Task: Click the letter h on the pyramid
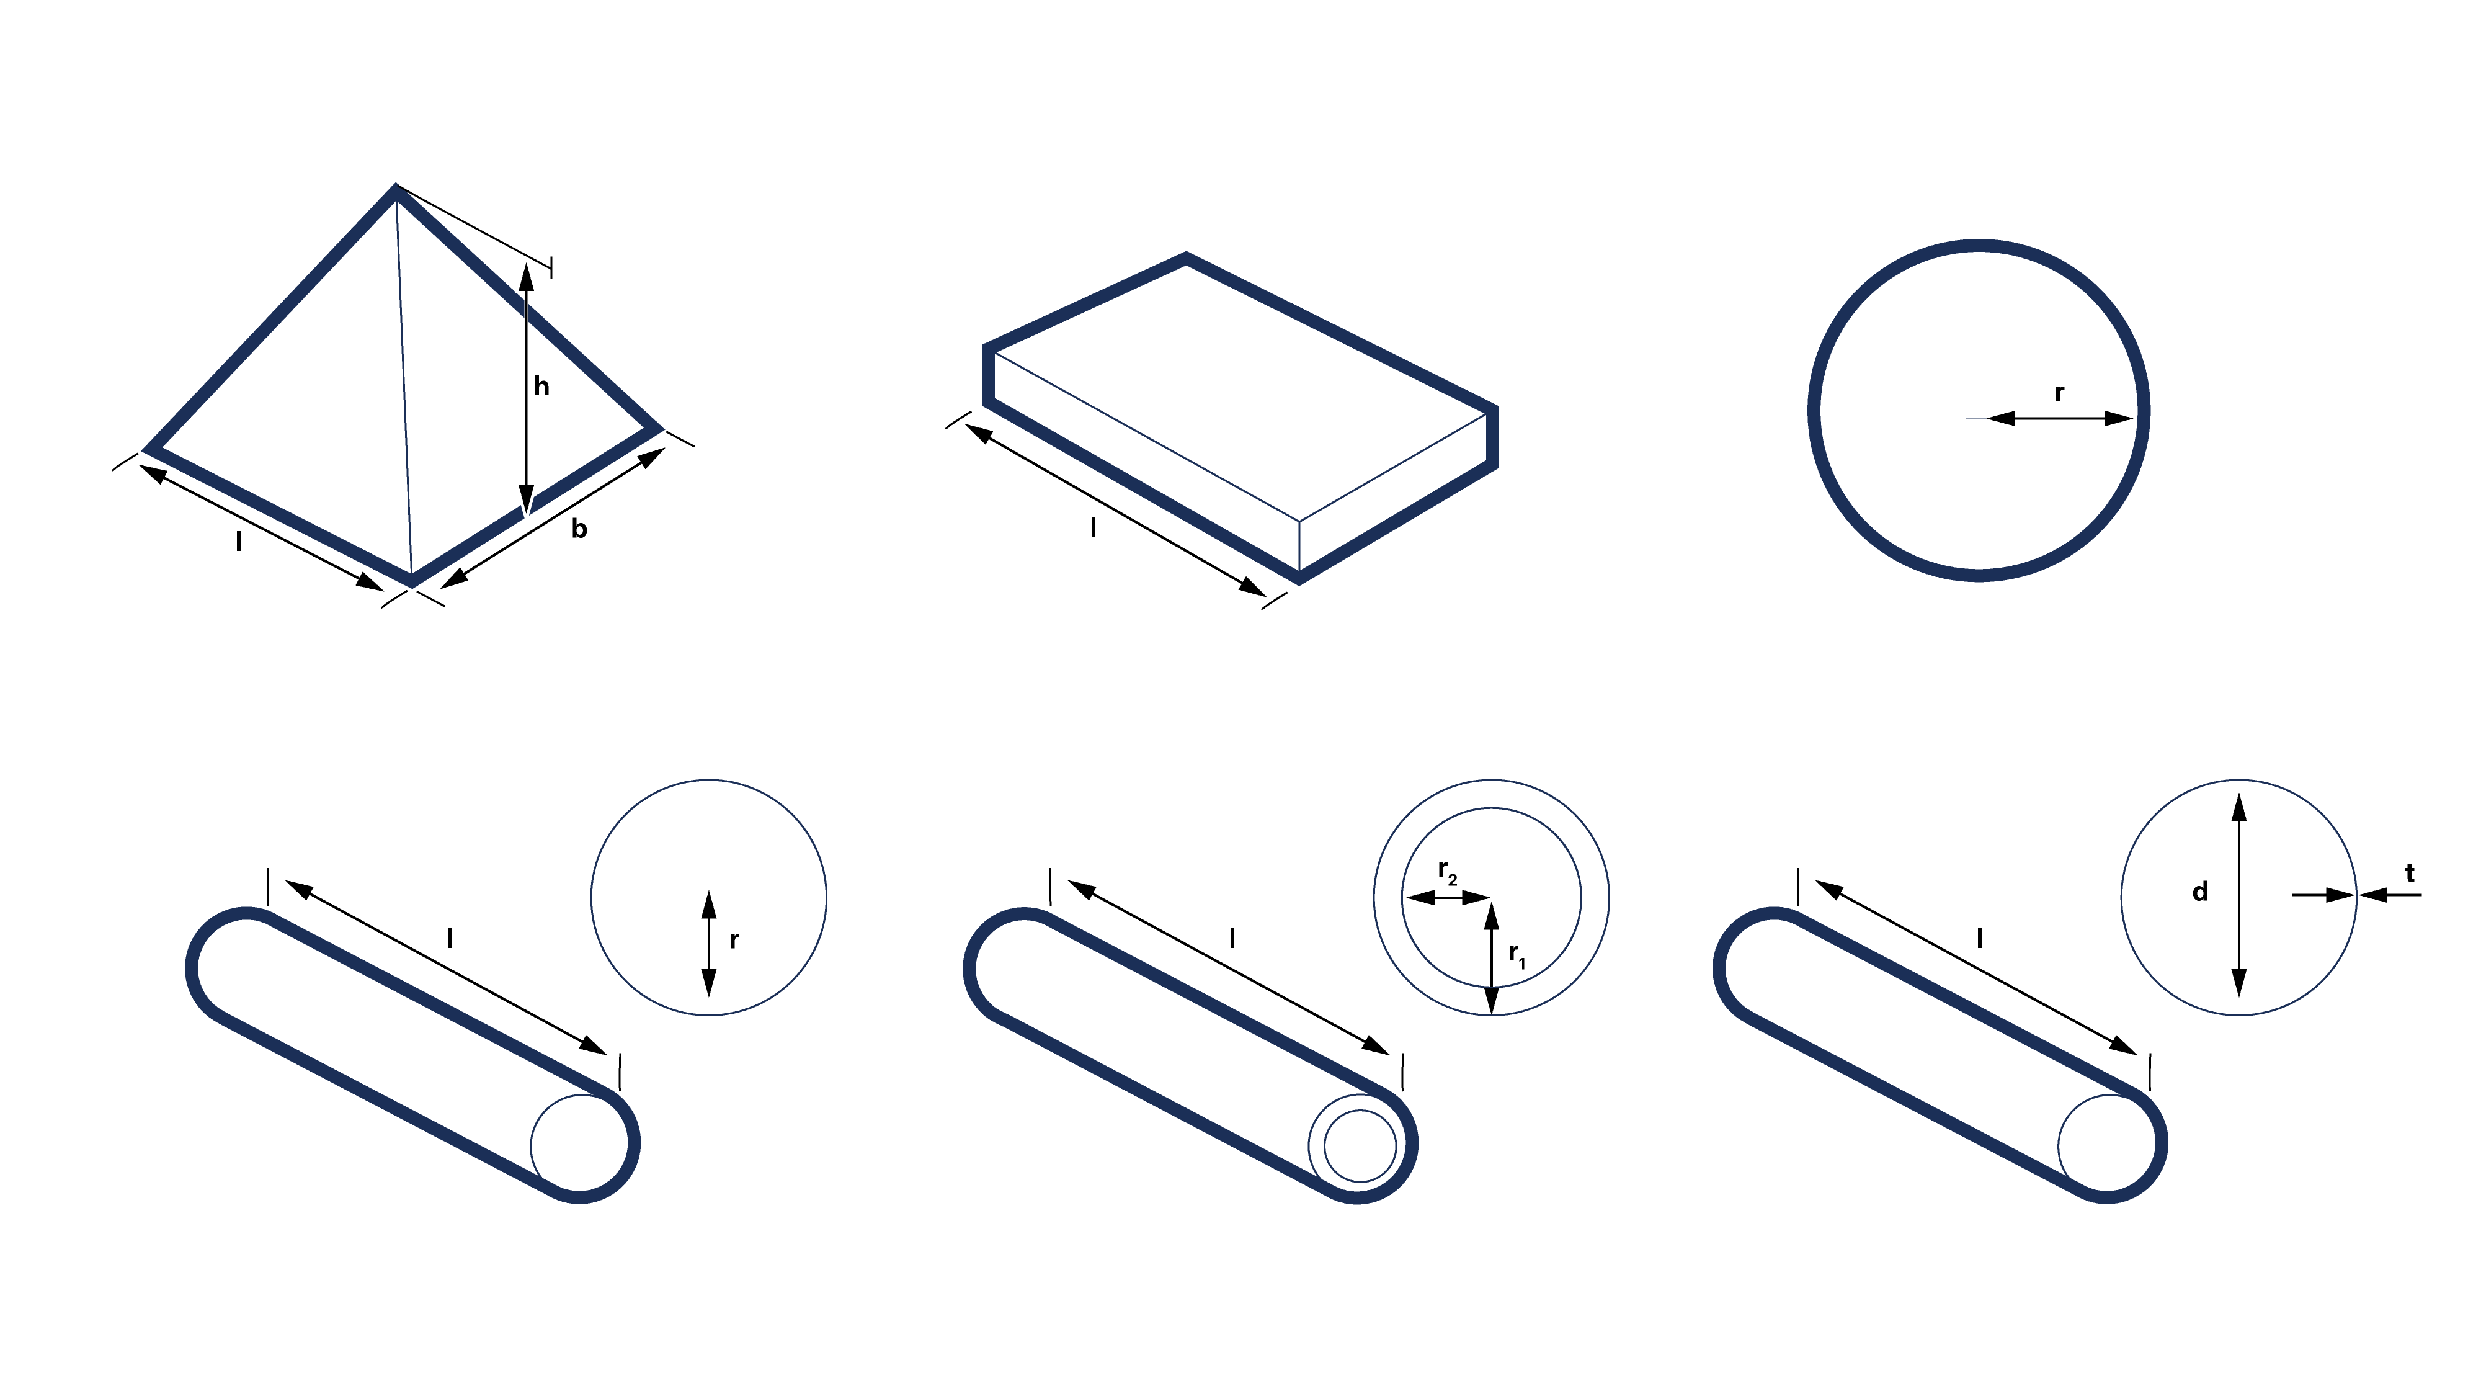click(x=541, y=387)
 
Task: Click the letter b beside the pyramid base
click(x=579, y=528)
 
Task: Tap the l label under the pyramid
click(x=239, y=542)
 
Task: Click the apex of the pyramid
click(x=396, y=188)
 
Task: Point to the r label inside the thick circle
click(x=2059, y=393)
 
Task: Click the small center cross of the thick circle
click(x=1977, y=418)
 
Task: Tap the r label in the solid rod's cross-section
click(x=734, y=941)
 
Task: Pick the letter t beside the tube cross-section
click(x=2410, y=874)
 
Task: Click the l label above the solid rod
click(x=450, y=937)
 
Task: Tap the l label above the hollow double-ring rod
click(x=1233, y=937)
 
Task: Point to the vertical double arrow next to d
click(x=2239, y=895)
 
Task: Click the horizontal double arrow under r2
click(x=1448, y=898)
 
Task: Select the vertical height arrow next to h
click(x=526, y=388)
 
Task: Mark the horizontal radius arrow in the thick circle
click(x=2060, y=418)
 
